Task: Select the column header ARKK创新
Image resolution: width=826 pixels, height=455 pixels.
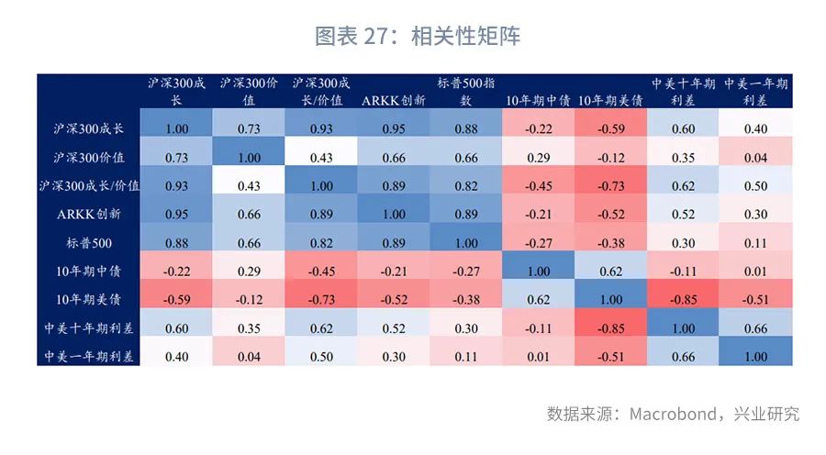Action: [394, 100]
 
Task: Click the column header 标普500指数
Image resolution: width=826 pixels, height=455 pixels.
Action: [466, 92]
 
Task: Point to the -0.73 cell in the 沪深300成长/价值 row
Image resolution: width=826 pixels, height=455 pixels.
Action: [611, 185]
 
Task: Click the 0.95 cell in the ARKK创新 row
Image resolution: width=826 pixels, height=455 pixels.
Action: [177, 214]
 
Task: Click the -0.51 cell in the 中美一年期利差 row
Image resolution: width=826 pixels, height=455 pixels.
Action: [611, 356]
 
